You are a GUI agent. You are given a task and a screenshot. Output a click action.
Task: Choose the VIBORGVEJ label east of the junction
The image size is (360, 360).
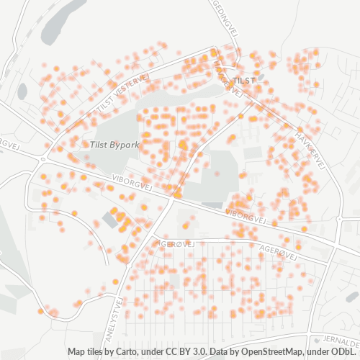246,215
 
